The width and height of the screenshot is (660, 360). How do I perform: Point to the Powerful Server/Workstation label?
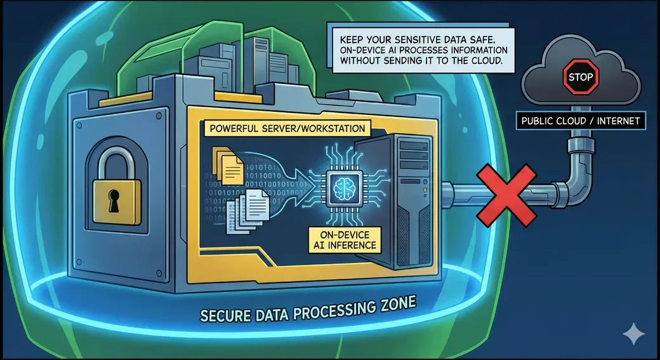(286, 129)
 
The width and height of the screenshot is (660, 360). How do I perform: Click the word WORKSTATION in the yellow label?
(327, 129)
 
